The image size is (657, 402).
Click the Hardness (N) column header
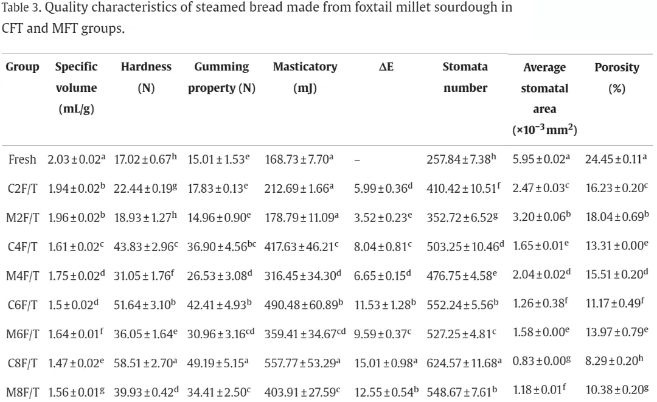(x=146, y=77)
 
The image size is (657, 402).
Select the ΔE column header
(x=386, y=66)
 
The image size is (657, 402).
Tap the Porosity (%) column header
(x=616, y=77)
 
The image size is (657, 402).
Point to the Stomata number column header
(x=465, y=77)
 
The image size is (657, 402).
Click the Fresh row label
(x=23, y=159)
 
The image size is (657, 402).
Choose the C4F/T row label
(x=23, y=247)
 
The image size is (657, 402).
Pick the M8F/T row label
(x=23, y=392)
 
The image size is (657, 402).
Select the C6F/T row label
(x=23, y=305)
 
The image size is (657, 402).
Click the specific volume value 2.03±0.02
(x=76, y=159)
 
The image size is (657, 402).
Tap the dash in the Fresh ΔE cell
(x=357, y=160)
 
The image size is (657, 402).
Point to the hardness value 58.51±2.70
(x=145, y=362)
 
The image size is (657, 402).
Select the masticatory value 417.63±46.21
(x=301, y=247)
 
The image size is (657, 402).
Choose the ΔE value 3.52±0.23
(x=383, y=217)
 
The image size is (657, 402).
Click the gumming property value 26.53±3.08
(x=220, y=276)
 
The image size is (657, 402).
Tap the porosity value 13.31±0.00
(x=617, y=245)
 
